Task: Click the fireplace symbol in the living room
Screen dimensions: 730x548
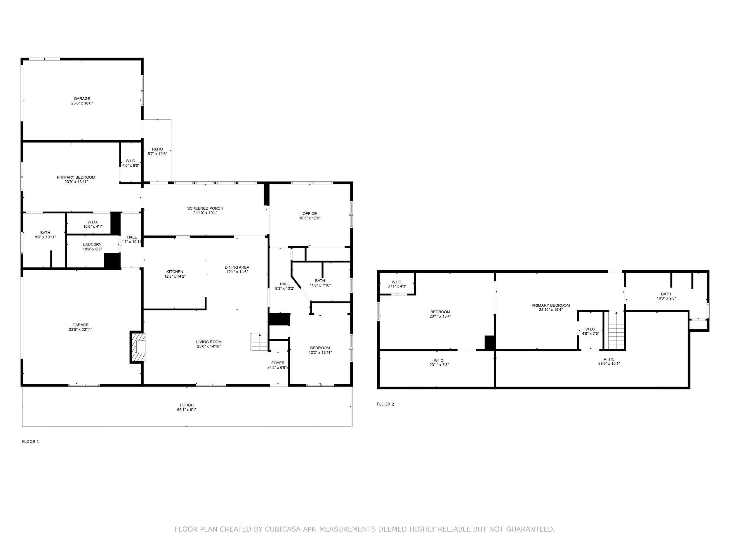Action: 138,347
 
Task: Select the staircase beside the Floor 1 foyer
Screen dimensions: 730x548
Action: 259,343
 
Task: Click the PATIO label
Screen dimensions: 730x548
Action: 157,149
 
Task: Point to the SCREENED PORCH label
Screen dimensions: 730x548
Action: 205,208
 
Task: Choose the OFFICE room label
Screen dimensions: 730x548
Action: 310,214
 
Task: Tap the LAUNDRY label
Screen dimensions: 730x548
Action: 92,245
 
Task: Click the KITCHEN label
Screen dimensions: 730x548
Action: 175,272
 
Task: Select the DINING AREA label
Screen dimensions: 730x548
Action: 237,267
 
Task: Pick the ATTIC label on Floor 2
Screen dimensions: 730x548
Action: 609,359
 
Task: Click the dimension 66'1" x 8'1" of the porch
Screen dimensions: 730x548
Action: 187,409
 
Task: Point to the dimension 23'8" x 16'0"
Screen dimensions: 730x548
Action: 82,103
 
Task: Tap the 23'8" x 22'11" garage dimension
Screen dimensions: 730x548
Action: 81,329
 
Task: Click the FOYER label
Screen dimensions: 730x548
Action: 278,363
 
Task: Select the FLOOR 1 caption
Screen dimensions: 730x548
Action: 31,442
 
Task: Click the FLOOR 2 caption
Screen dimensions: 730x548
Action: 385,404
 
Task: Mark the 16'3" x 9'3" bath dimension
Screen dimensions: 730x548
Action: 666,298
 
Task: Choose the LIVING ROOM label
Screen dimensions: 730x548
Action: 209,342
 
